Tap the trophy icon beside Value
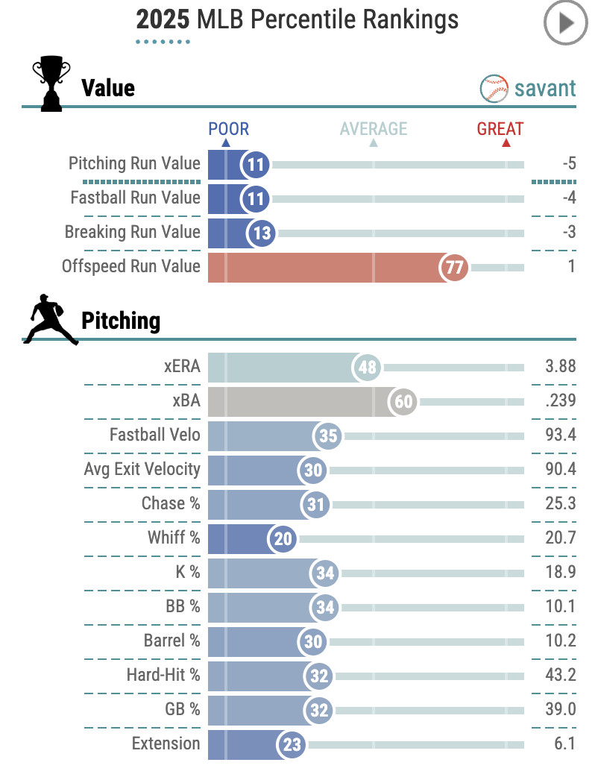pos(51,86)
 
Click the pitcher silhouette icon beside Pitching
pos(50,320)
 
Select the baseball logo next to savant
pos(494,89)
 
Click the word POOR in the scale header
pos(228,129)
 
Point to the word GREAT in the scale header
pos(500,129)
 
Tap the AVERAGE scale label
pos(374,129)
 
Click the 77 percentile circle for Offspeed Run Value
pos(454,267)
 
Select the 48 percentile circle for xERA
pos(367,367)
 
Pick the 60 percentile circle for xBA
pos(403,401)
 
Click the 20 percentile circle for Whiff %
pos(283,538)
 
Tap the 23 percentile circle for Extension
pos(291,744)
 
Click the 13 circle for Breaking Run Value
pos(262,233)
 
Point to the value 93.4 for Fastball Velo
pos(560,435)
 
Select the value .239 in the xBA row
pos(560,400)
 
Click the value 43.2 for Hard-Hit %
pos(560,675)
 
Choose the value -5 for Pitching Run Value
pos(569,163)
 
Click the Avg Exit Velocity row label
pos(142,469)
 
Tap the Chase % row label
pos(171,503)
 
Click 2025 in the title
pos(163,20)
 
